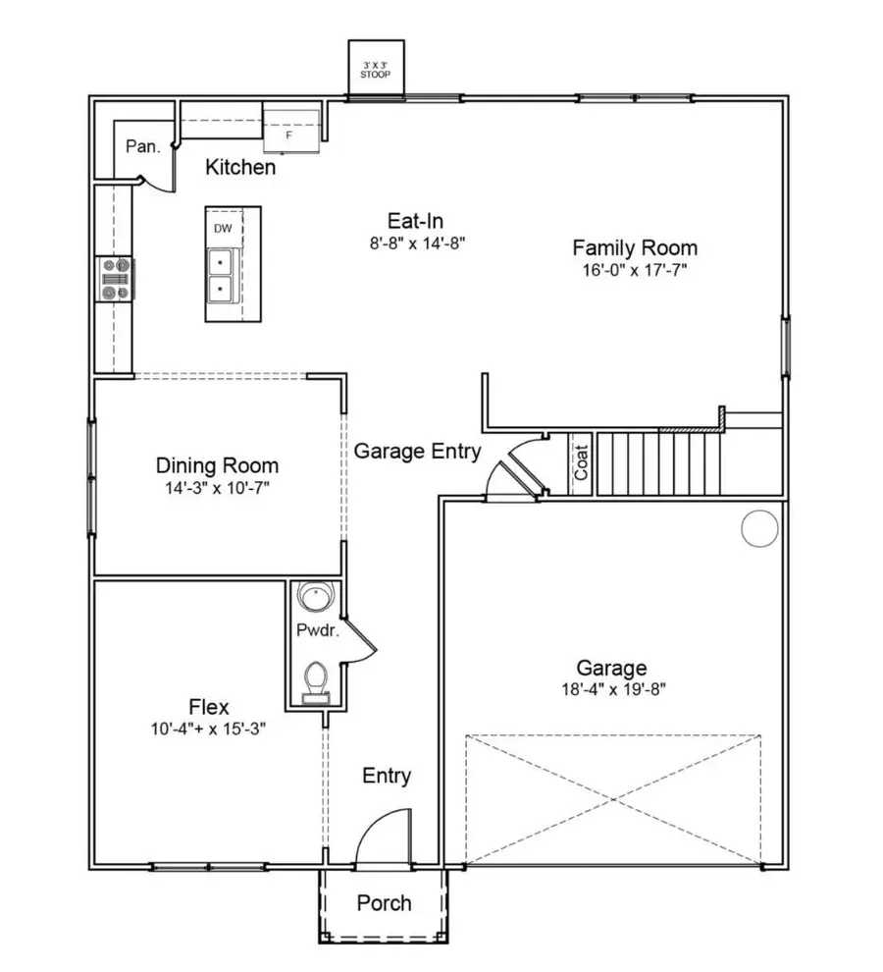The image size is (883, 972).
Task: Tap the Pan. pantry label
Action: pyautogui.click(x=142, y=146)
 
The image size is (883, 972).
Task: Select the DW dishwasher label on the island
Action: pyautogui.click(x=223, y=229)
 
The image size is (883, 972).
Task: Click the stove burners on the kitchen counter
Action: pyautogui.click(x=115, y=278)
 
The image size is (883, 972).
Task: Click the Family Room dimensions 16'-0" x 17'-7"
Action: pyautogui.click(x=634, y=270)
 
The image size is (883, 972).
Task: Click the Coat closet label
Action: pyautogui.click(x=581, y=464)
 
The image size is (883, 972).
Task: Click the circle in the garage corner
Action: pyautogui.click(x=759, y=529)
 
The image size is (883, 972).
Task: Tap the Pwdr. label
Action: pyautogui.click(x=317, y=630)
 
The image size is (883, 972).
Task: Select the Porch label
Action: pyautogui.click(x=384, y=903)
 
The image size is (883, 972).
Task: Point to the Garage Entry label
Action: pyautogui.click(x=417, y=452)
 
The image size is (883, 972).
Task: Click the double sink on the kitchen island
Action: pyautogui.click(x=221, y=276)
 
